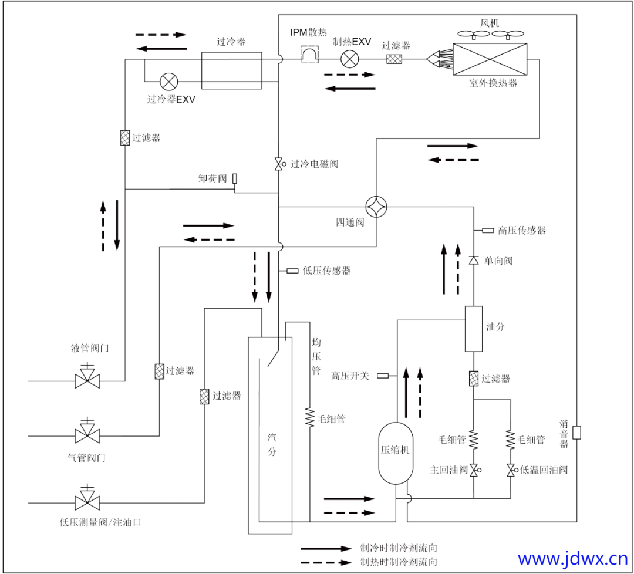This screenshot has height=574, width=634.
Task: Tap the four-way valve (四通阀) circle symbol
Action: coord(376,207)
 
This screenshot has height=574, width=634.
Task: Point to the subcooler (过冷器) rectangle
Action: coord(231,70)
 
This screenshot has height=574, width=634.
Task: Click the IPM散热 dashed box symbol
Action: coord(309,55)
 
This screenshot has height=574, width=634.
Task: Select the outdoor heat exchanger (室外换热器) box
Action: coord(491,59)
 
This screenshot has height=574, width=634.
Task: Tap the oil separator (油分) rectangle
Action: coord(474,329)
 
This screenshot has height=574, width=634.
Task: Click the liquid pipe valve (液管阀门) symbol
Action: coord(87,380)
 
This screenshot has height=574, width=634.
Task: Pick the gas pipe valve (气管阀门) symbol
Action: coord(87,435)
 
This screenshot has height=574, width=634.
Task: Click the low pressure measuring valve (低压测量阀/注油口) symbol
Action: coord(87,502)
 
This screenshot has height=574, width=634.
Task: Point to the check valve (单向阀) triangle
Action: coord(473,260)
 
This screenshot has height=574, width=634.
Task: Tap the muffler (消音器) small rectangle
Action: coord(576,433)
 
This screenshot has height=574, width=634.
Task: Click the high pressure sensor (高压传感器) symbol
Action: coord(488,231)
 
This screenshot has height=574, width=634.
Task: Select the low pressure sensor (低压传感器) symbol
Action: coord(292,271)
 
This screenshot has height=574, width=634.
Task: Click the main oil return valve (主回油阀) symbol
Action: coord(474,470)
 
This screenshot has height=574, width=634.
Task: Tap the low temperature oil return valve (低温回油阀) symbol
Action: coord(511,470)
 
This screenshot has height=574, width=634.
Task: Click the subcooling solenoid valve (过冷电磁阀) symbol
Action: coord(278,164)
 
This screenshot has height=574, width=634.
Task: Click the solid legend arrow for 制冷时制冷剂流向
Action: coord(326,548)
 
